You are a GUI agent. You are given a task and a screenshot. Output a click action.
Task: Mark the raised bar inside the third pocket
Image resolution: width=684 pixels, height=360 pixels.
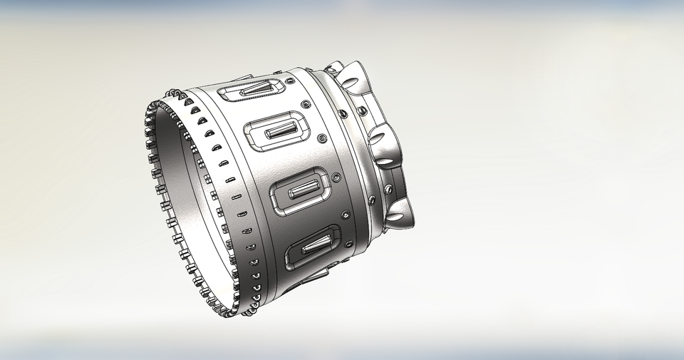(x=302, y=188)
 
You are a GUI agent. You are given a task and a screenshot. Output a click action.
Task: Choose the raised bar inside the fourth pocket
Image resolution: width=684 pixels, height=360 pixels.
(x=314, y=247)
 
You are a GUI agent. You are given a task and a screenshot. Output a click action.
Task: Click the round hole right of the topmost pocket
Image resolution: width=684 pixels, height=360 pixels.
(x=305, y=105)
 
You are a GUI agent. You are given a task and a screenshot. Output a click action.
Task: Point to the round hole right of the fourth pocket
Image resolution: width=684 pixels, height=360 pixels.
(x=350, y=244)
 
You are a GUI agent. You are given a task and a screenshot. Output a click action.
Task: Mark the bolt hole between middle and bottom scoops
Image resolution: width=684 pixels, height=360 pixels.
(x=388, y=190)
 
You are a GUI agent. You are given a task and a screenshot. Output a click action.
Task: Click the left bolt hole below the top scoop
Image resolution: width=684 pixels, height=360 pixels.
(x=343, y=113)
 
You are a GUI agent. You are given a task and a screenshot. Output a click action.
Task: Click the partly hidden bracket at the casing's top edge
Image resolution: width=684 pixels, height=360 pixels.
(x=242, y=76)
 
